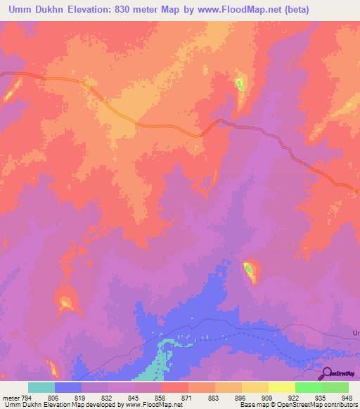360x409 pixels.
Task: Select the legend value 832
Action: click(106, 397)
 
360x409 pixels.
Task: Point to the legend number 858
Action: click(160, 397)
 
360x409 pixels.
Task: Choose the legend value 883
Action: click(214, 397)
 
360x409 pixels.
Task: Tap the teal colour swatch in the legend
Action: click(41, 387)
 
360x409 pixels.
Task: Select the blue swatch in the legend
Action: click(68, 387)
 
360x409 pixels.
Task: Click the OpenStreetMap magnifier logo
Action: click(326, 373)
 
